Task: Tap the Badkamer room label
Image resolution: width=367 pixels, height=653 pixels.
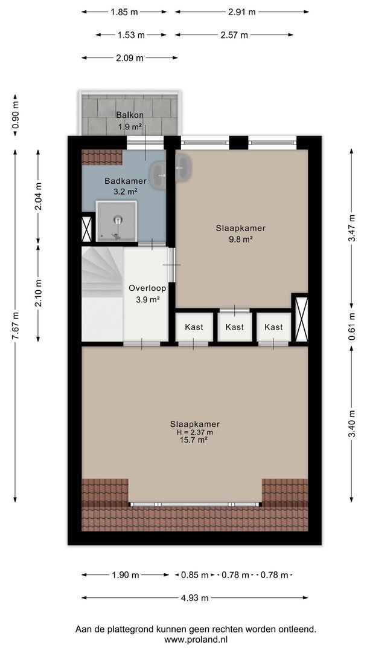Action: point(126,181)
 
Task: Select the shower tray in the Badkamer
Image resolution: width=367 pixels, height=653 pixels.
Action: point(116,221)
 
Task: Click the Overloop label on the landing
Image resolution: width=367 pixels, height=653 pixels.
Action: point(147,288)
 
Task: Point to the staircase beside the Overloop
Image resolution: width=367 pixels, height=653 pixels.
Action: point(102,294)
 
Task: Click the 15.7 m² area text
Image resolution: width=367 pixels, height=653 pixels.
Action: point(194,440)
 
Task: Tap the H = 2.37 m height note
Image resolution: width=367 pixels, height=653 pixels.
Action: point(194,432)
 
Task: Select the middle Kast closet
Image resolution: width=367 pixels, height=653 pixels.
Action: point(235,327)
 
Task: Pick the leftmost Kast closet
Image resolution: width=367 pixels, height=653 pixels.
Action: point(194,327)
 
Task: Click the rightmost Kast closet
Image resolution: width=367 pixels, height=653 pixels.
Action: point(273,327)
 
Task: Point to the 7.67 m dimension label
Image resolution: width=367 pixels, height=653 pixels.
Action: point(15,325)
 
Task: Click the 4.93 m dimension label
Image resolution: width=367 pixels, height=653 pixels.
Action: point(195,598)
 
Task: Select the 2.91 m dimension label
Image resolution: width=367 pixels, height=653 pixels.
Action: point(242,12)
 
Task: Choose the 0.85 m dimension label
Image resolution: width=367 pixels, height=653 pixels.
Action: point(194,575)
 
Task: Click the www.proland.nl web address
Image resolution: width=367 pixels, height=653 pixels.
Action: point(196,639)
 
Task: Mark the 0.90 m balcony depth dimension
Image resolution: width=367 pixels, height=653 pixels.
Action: point(15,114)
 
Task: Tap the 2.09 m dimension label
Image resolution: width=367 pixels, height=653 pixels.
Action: point(129,58)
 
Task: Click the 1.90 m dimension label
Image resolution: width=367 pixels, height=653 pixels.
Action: point(125,575)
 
